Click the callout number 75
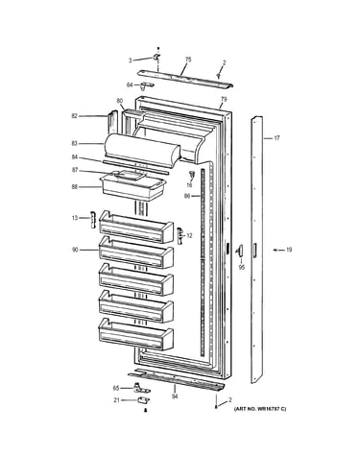tap(188, 60)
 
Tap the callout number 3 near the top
tap(131, 60)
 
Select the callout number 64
tap(130, 84)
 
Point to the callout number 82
tap(75, 116)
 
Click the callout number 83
tap(75, 144)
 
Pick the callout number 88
tap(75, 186)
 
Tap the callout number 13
tap(75, 218)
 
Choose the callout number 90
tap(75, 250)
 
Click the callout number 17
tap(276, 138)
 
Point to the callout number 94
tap(175, 396)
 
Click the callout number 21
tap(117, 400)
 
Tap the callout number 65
tap(116, 388)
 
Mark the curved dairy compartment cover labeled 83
tap(142, 151)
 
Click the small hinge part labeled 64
tap(146, 85)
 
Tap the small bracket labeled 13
tap(93, 220)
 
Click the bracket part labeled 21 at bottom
tap(144, 400)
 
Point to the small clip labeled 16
tap(192, 175)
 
